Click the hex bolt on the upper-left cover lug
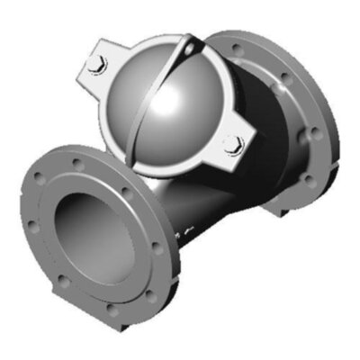click(x=100, y=64)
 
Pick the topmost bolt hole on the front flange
click(x=80, y=165)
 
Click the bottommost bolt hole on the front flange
click(x=112, y=308)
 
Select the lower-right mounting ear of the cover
click(x=237, y=144)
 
